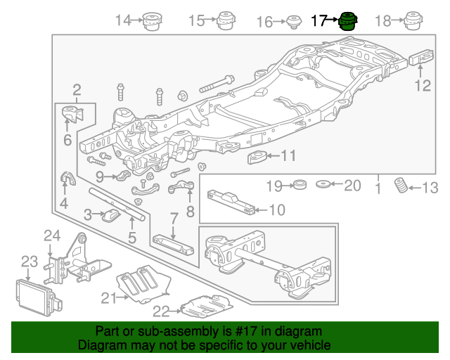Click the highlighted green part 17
(346, 22)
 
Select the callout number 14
(124, 20)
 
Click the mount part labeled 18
(414, 21)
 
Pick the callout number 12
(422, 86)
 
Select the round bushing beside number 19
(300, 186)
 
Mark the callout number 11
(289, 156)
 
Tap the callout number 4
(63, 205)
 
